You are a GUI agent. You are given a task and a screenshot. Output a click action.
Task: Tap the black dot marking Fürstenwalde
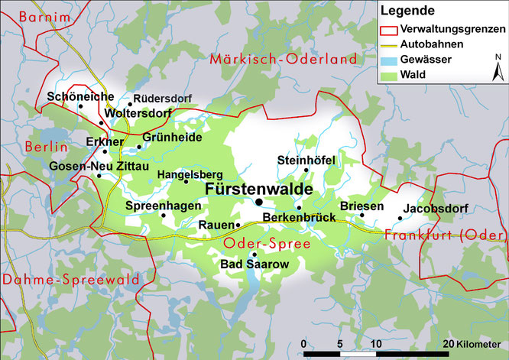click(x=259, y=202)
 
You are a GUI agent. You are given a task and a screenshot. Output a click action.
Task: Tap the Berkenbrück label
click(x=299, y=218)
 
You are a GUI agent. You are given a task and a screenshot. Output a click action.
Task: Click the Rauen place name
click(x=215, y=225)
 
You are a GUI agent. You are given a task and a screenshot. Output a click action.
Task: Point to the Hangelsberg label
click(x=184, y=174)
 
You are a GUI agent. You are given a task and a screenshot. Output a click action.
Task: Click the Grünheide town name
click(x=172, y=138)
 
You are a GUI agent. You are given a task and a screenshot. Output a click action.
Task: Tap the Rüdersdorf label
click(x=163, y=98)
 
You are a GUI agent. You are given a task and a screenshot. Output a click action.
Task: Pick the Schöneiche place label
click(x=80, y=97)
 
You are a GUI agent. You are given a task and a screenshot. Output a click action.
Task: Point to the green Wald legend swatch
click(x=389, y=75)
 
